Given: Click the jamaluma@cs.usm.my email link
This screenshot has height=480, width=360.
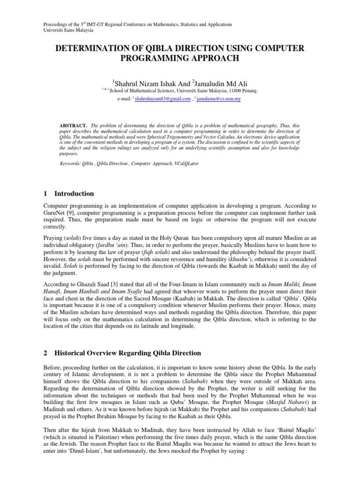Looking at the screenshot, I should click(218, 99).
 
